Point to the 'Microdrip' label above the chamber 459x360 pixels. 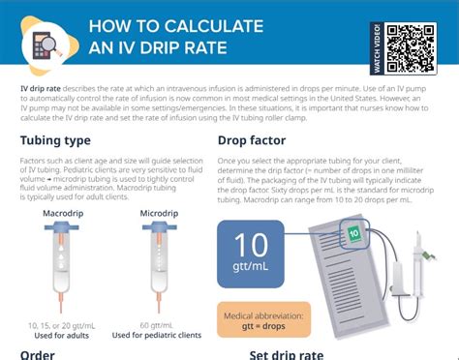158,212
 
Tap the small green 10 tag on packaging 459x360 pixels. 353,233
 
